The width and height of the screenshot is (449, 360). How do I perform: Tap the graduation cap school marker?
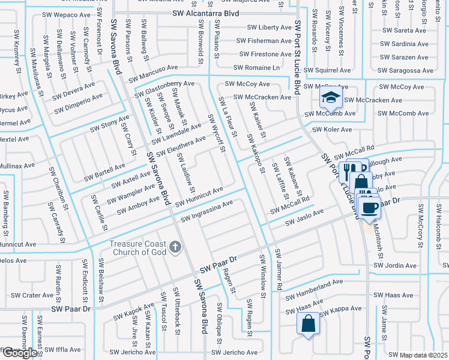(x=330, y=97)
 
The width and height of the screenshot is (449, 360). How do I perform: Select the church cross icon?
(x=175, y=247)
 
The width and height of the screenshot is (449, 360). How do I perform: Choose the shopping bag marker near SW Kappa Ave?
(x=308, y=325)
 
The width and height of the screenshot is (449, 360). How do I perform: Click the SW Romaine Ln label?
(x=256, y=68)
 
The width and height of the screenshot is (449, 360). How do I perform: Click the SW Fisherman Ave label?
(x=264, y=41)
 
